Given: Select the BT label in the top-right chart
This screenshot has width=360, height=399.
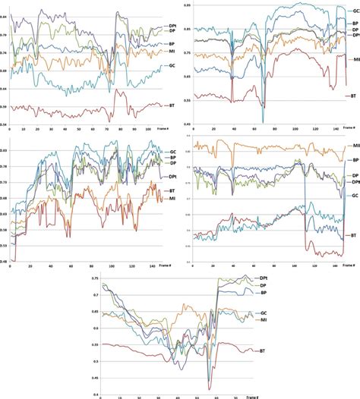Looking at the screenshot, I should coord(352,97).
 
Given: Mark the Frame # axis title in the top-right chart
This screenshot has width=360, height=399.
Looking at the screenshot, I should coord(349,129).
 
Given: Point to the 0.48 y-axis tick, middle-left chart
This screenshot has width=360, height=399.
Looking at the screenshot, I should coord(5,260).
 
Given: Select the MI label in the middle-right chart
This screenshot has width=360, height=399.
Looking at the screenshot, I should coord(354,145).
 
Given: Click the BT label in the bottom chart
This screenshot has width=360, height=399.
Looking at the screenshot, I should coord(262,351).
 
